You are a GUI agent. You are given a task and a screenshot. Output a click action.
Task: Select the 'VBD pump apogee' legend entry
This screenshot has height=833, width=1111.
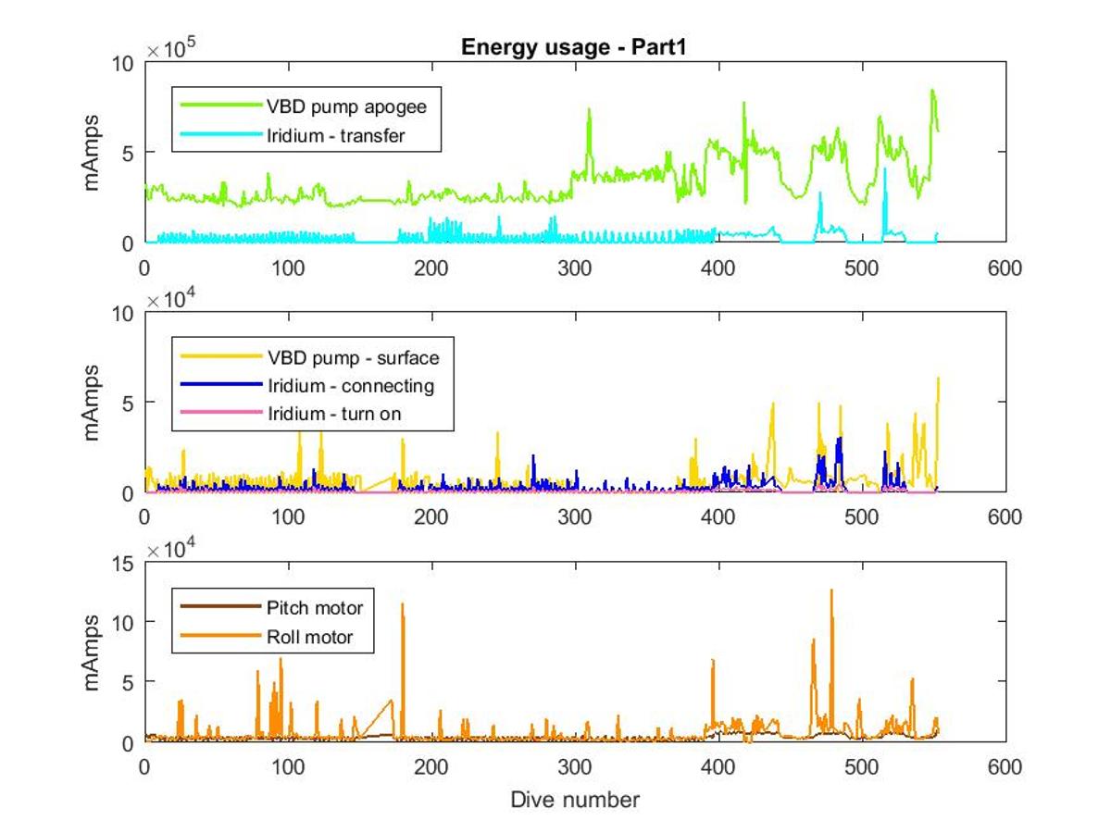[x=346, y=106]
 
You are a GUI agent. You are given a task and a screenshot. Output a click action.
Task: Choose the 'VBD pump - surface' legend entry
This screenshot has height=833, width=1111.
[x=353, y=356]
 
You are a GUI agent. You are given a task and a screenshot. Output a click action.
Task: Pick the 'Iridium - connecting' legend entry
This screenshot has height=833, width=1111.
[x=350, y=385]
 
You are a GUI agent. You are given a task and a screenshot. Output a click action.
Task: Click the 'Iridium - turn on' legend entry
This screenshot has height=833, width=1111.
[x=333, y=414]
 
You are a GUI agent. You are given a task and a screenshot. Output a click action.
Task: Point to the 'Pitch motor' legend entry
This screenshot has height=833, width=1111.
[x=315, y=608]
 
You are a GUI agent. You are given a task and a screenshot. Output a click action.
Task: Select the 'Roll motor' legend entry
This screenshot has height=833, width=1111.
[x=309, y=637]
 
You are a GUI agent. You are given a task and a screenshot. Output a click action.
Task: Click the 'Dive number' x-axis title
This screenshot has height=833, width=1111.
[x=574, y=799]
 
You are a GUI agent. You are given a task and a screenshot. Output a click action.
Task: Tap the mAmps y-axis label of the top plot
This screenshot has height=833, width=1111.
[x=93, y=152]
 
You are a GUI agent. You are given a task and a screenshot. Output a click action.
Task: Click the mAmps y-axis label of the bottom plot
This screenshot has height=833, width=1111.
[x=93, y=652]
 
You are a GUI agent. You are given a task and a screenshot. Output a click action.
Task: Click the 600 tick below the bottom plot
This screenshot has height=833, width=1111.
[x=1005, y=766]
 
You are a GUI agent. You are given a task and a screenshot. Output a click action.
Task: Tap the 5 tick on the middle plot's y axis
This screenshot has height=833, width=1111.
[x=130, y=403]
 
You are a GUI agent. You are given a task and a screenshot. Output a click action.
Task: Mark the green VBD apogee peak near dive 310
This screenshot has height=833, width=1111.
[x=589, y=110]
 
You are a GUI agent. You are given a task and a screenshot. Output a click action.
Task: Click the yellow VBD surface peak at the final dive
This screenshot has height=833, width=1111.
[x=938, y=378]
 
